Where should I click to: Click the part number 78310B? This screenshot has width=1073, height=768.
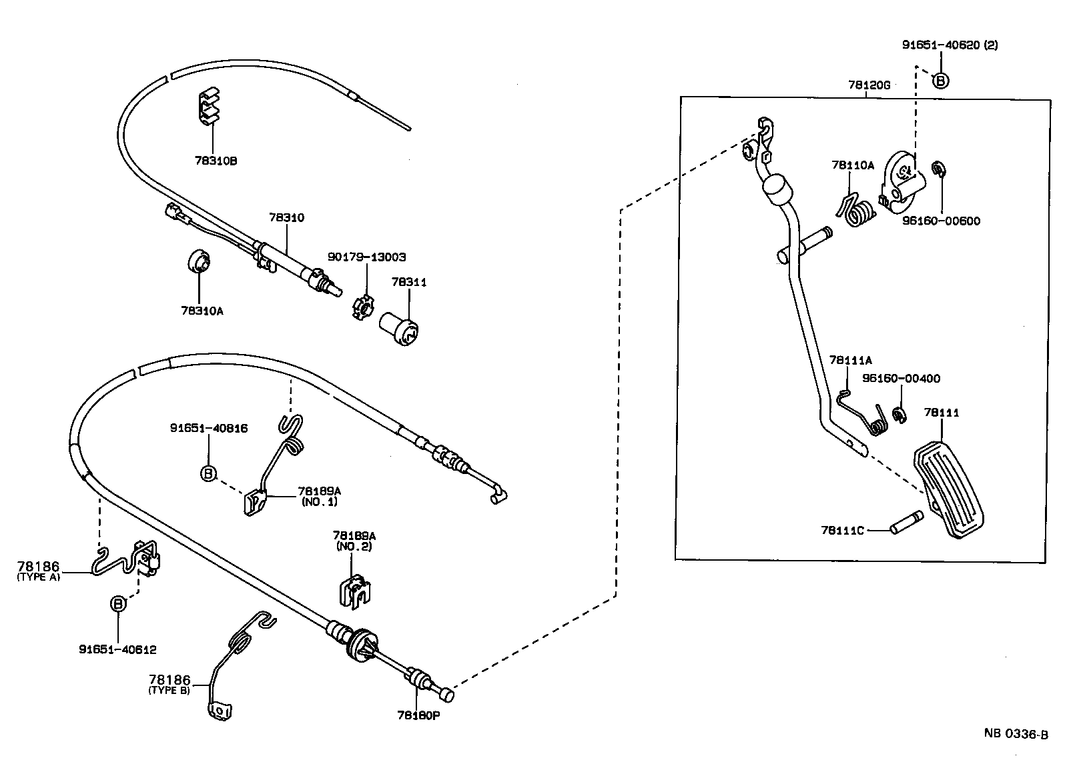point(216,161)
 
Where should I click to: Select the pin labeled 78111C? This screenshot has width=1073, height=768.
point(907,522)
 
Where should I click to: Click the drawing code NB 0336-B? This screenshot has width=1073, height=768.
point(1016,733)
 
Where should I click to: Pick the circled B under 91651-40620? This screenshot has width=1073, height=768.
point(940,81)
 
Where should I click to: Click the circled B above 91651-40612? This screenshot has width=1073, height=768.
point(118,603)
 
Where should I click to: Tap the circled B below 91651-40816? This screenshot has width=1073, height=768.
point(208,473)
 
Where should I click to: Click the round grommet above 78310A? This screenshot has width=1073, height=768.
point(199,262)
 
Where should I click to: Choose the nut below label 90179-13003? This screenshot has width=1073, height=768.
point(362,308)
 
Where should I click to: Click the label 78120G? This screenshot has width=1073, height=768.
point(869,85)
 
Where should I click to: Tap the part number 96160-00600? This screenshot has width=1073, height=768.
point(942,221)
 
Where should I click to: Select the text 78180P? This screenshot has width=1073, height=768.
point(418,715)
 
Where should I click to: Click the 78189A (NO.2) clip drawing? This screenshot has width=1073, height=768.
point(355,591)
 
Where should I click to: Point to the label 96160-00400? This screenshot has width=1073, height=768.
point(901,378)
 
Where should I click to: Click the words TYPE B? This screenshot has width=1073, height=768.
point(169,691)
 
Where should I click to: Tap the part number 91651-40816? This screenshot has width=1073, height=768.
point(209,428)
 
